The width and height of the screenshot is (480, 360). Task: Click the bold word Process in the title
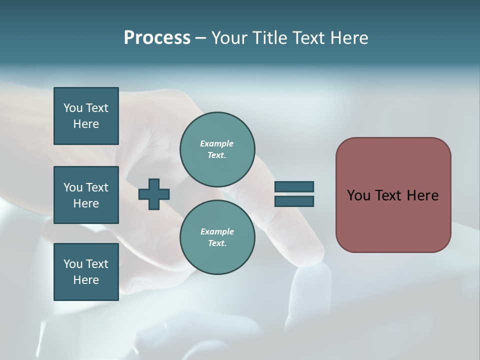pyautogui.click(x=157, y=38)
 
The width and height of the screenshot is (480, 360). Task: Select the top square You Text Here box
pyautogui.click(x=86, y=116)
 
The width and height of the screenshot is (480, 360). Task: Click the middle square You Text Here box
pyautogui.click(x=86, y=195)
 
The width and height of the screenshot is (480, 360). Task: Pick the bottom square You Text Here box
pyautogui.click(x=86, y=272)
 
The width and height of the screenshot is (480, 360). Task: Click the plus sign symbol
pyautogui.click(x=154, y=193)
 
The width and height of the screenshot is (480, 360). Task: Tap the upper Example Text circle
pyautogui.click(x=217, y=149)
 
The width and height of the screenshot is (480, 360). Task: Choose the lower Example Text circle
pyautogui.click(x=217, y=237)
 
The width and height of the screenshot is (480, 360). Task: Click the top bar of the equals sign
pyautogui.click(x=294, y=186)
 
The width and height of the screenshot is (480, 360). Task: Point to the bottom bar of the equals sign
pyautogui.click(x=294, y=201)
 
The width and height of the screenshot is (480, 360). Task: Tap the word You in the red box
pyautogui.click(x=358, y=195)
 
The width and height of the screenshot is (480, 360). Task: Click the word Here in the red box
pyautogui.click(x=422, y=195)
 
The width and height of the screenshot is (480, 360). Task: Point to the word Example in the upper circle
pyautogui.click(x=216, y=143)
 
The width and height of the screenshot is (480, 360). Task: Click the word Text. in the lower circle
pyautogui.click(x=217, y=243)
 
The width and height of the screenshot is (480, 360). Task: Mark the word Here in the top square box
pyautogui.click(x=86, y=124)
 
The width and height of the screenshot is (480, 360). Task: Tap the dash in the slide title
pyautogui.click(x=201, y=38)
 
